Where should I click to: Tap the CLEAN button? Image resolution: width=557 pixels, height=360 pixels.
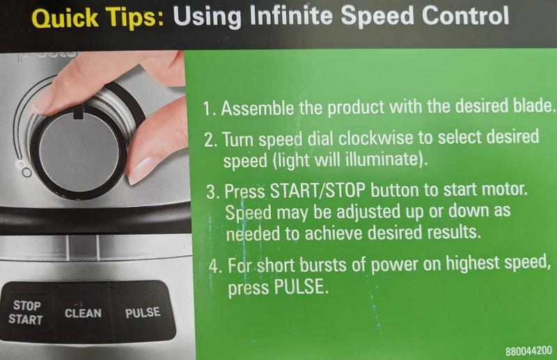[x=84, y=313]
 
